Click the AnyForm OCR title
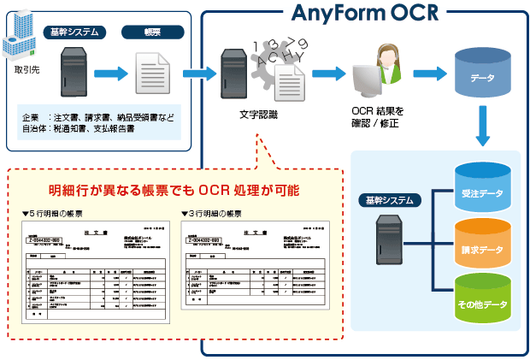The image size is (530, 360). (364, 14)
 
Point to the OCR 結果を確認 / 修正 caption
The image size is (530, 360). (377, 118)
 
